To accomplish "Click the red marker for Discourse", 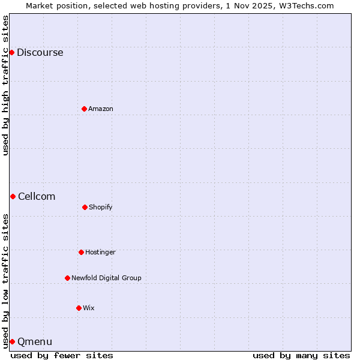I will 11,52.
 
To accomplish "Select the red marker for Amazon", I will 84,109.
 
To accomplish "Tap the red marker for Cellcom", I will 13,196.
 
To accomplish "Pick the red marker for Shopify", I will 85,207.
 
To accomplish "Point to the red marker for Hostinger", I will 81,252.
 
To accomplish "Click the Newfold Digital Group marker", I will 67,278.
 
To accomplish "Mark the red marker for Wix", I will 79,308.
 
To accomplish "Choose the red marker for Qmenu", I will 12,341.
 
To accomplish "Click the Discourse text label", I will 40,52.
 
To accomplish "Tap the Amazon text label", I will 101,109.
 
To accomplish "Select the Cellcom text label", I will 37,196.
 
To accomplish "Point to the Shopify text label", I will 101,207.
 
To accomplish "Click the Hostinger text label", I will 100,252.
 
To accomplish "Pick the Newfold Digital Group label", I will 106,278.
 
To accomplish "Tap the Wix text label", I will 89,308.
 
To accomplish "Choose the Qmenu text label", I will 35,341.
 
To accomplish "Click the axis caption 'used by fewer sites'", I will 62,355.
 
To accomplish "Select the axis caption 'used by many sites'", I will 301,355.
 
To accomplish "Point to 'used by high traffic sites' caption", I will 5,85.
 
